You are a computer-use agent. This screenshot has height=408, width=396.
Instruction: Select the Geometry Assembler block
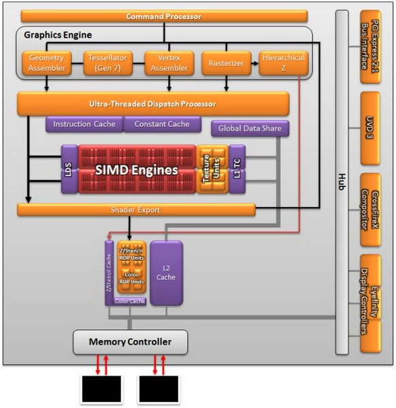coord(46,63)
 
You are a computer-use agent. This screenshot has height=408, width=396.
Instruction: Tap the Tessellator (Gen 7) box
coord(105,63)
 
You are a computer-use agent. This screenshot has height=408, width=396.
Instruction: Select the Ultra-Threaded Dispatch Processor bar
coord(153,104)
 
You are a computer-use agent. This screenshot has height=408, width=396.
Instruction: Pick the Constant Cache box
coord(163,124)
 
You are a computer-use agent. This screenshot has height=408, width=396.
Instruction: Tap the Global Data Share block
coord(250,128)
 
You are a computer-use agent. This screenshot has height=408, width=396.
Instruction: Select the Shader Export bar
coord(136,210)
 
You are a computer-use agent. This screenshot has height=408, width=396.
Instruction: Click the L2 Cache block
coord(166,272)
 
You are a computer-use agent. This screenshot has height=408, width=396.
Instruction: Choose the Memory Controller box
coord(130,341)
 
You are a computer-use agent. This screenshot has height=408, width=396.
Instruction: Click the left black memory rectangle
coord(101,390)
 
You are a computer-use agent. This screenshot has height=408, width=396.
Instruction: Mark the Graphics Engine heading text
coord(58,35)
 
